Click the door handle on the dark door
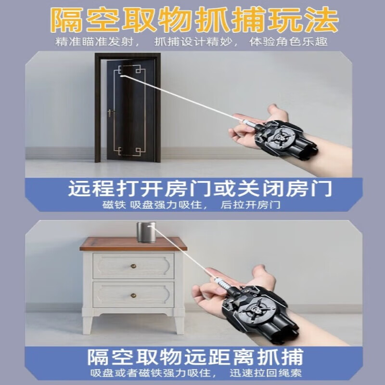(x=110, y=114)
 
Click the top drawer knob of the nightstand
(x=133, y=266)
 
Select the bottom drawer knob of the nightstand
(x=133, y=295)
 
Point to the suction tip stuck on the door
(x=121, y=75)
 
